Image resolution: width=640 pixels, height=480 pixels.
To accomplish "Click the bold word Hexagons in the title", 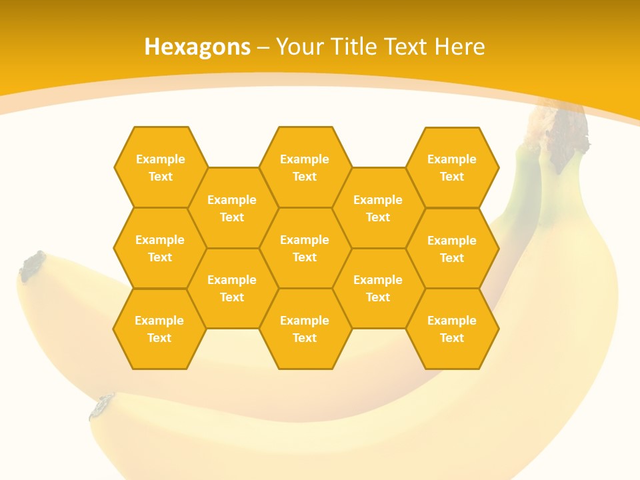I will (197, 47).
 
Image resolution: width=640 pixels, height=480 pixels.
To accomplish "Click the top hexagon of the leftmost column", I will (160, 167).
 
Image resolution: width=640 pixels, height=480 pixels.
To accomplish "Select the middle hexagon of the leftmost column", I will (160, 248).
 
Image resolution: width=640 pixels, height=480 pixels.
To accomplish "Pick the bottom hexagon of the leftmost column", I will (159, 329).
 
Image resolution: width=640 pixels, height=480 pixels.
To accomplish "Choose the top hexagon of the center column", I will (305, 167).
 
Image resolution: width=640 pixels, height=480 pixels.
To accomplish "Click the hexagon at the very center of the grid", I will (305, 248).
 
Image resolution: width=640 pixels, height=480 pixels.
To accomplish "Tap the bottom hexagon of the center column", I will (305, 329).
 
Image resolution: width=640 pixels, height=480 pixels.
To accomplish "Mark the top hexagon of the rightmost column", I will (452, 167).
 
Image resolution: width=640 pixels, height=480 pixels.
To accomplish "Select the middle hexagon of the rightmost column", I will (452, 249).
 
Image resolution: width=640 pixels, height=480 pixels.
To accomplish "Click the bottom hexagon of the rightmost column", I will (452, 329).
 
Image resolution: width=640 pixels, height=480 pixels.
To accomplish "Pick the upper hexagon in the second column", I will (232, 208).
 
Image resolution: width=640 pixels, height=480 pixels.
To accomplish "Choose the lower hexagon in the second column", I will (232, 288).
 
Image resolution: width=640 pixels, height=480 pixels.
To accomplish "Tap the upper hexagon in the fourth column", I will (378, 208).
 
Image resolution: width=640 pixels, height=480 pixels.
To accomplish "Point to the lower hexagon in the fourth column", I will (378, 288).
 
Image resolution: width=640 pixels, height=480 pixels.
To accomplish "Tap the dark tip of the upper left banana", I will (32, 265).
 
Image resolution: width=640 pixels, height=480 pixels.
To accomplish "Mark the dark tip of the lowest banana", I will (102, 406).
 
